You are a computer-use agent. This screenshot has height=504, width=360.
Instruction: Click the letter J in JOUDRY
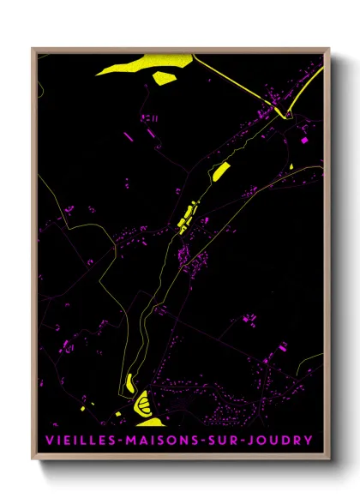click(255, 441)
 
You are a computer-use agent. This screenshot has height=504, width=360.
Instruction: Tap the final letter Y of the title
click(309, 441)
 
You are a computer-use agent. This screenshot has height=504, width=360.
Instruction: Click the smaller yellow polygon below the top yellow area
click(165, 78)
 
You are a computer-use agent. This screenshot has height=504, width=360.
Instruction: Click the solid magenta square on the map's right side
click(303, 139)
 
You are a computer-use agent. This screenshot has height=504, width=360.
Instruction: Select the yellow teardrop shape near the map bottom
click(129, 381)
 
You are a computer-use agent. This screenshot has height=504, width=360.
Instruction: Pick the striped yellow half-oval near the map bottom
click(142, 400)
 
